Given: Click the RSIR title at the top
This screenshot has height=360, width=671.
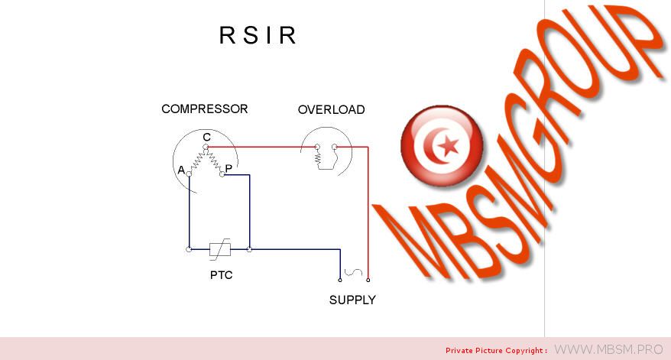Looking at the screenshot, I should pyautogui.click(x=258, y=36).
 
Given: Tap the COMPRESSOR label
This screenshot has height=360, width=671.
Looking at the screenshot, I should pyautogui.click(x=204, y=109).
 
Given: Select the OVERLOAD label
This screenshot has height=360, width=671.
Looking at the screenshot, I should pyautogui.click(x=331, y=110).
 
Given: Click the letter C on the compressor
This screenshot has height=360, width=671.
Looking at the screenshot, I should pyautogui.click(x=207, y=137).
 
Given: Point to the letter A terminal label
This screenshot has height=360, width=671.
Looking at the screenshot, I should pyautogui.click(x=181, y=170).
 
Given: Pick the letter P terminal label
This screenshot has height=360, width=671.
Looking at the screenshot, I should pyautogui.click(x=229, y=167).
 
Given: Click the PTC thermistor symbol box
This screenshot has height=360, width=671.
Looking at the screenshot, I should pyautogui.click(x=220, y=248).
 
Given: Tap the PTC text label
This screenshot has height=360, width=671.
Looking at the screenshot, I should pyautogui.click(x=221, y=275).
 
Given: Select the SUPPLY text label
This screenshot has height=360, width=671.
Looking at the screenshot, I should pyautogui.click(x=352, y=300).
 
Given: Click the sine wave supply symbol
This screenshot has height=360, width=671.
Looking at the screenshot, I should pyautogui.click(x=354, y=271).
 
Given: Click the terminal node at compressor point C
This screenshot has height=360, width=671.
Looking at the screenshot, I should pyautogui.click(x=206, y=147).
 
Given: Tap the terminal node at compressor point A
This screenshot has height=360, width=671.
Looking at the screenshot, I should pyautogui.click(x=189, y=174).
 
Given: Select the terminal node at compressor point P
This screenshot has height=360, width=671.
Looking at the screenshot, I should pyautogui.click(x=222, y=175).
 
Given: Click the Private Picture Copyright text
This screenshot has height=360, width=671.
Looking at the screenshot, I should pyautogui.click(x=496, y=350).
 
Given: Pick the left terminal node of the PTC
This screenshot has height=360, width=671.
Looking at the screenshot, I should pyautogui.click(x=189, y=248).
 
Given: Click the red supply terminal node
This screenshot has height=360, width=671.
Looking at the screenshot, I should pyautogui.click(x=368, y=280).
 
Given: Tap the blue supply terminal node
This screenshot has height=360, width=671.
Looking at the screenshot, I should pyautogui.click(x=340, y=280).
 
